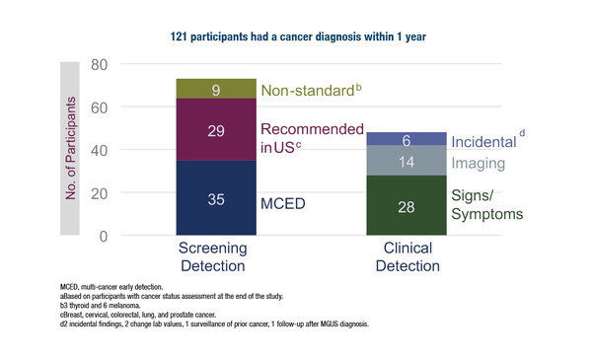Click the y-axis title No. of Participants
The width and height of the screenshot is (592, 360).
point(72,149)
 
